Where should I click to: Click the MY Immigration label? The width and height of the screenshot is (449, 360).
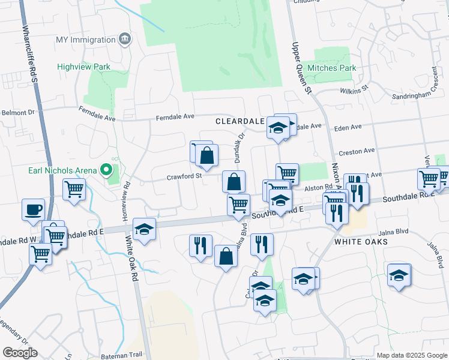point(85,40)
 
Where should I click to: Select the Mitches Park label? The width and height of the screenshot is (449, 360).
point(331,68)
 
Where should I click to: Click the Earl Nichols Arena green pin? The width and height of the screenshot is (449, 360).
point(106,170)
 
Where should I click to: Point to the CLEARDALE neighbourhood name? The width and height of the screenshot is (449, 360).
point(240,121)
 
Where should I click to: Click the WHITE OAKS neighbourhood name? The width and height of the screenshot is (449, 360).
point(359,242)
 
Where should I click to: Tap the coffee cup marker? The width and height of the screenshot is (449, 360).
point(33,209)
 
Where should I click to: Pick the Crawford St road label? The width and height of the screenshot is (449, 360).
point(184,177)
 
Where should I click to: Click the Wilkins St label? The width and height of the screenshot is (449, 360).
point(354,90)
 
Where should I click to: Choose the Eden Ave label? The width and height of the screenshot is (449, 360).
point(348,127)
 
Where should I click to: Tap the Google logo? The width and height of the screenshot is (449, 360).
point(20,353)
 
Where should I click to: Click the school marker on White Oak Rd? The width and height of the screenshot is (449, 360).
point(144,229)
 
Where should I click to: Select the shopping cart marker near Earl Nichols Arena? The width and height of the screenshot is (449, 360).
point(74,190)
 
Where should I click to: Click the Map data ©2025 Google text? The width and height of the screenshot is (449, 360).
point(411,355)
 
